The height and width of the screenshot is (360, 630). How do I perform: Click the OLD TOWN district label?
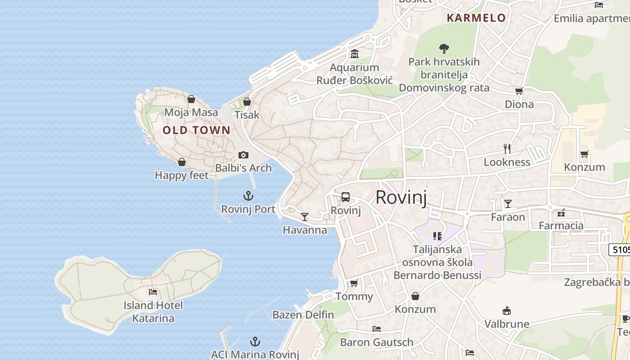196,130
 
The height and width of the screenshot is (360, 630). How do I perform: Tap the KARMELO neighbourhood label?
476,18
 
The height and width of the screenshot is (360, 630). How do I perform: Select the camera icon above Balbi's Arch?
243,155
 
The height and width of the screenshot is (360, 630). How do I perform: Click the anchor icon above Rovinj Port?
248,196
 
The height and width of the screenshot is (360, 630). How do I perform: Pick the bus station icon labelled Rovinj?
346,197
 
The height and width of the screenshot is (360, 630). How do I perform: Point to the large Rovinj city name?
401,198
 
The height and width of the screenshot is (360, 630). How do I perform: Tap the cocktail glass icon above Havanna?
305,217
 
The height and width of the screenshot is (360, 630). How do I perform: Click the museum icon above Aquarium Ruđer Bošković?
355,54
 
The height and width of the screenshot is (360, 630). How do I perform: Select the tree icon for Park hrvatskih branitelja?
444,48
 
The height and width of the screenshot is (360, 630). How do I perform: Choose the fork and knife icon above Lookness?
507,149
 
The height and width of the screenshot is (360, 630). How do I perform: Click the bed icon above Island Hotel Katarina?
153,292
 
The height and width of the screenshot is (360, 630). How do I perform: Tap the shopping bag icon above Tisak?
247,102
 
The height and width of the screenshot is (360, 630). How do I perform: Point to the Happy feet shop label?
182,175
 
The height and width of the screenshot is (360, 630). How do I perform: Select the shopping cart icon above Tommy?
354,283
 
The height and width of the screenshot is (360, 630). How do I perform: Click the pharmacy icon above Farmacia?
561,212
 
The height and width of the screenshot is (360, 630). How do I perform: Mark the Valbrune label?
507,324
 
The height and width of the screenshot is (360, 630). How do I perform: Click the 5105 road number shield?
620,249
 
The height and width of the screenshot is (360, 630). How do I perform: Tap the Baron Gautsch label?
377,342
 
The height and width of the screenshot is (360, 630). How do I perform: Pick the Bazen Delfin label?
303,315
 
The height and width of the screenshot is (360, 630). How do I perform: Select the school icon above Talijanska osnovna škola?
437,236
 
